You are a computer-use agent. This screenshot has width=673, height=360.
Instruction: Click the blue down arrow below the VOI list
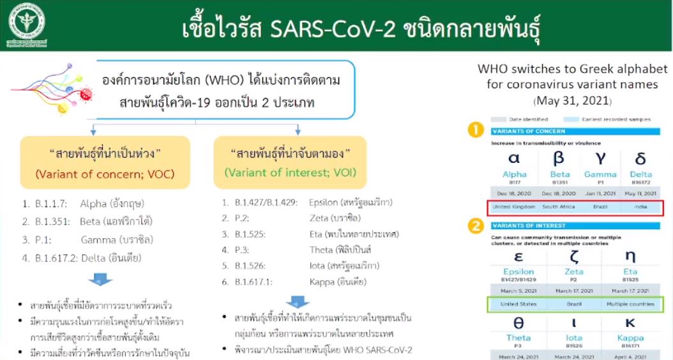pos(297,302)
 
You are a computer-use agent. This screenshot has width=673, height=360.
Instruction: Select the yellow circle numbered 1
pos(475,131)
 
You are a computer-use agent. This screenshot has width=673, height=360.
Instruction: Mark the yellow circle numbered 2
pos(475,225)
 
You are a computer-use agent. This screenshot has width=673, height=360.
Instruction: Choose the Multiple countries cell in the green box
pos(631,304)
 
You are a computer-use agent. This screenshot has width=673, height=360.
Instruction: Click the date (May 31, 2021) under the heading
pos(573,101)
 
